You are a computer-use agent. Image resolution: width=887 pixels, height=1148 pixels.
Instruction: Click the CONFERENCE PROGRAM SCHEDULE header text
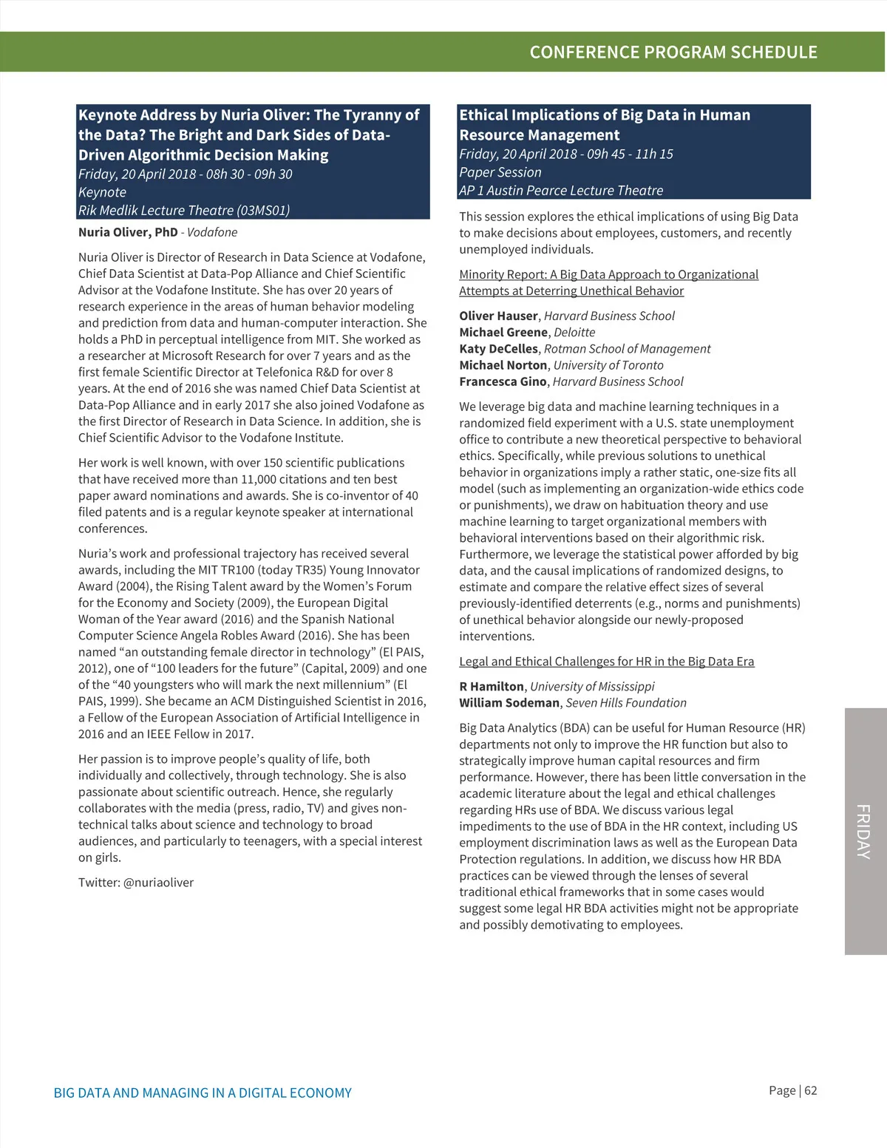[673, 52]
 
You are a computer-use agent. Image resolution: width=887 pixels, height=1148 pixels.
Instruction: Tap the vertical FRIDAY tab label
[864, 832]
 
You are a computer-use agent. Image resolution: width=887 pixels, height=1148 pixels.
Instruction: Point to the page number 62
[811, 1090]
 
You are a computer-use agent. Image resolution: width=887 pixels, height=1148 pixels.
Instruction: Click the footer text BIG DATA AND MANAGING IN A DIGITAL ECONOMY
[203, 1093]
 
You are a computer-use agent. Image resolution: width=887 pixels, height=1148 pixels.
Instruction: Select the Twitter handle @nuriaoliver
[158, 882]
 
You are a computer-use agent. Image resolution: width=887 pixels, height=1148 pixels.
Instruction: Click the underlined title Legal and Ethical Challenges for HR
[606, 661]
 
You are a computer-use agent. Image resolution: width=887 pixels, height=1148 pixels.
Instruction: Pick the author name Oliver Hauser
[498, 316]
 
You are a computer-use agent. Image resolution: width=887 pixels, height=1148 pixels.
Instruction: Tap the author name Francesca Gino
[503, 381]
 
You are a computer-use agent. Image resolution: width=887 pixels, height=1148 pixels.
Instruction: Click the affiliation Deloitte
[574, 332]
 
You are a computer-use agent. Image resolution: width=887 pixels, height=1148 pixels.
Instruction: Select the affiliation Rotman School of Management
[627, 348]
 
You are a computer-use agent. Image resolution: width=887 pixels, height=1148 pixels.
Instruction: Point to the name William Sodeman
[509, 702]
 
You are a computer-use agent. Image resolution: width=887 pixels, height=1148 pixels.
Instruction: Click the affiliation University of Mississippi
[592, 686]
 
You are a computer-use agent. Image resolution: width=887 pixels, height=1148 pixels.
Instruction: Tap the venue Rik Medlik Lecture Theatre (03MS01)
[184, 210]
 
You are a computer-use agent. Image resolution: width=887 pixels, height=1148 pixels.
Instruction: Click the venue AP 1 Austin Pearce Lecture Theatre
[561, 190]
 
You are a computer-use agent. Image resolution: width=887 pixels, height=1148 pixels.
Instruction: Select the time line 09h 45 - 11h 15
[630, 154]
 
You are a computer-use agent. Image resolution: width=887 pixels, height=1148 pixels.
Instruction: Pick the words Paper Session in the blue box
[500, 172]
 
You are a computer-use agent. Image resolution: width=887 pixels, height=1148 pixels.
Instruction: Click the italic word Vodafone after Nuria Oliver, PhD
[212, 232]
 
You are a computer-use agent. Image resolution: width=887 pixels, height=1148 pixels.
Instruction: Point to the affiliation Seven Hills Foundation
[626, 702]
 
